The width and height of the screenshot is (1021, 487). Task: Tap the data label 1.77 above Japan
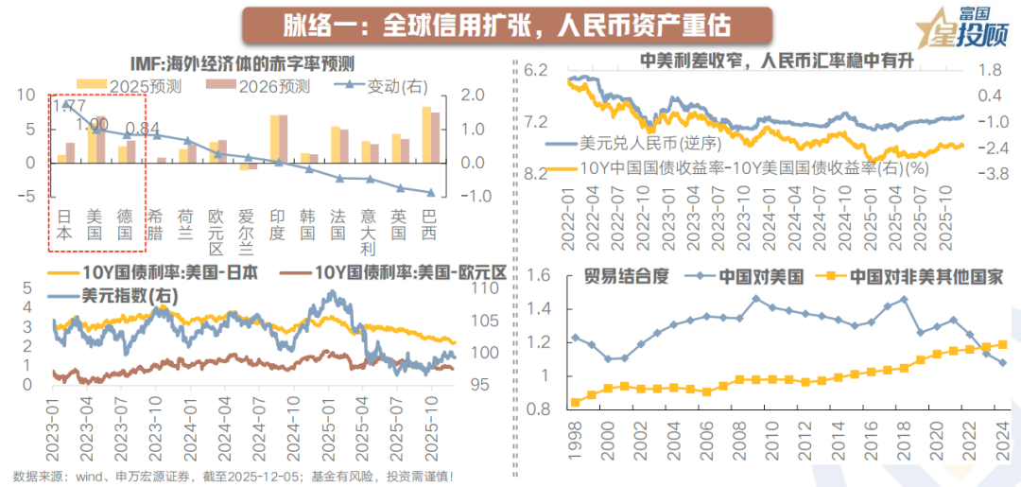click(x=67, y=106)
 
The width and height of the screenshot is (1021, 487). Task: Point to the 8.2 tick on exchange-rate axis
click(x=536, y=174)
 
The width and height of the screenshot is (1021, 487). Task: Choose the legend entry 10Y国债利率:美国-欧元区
click(x=398, y=271)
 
